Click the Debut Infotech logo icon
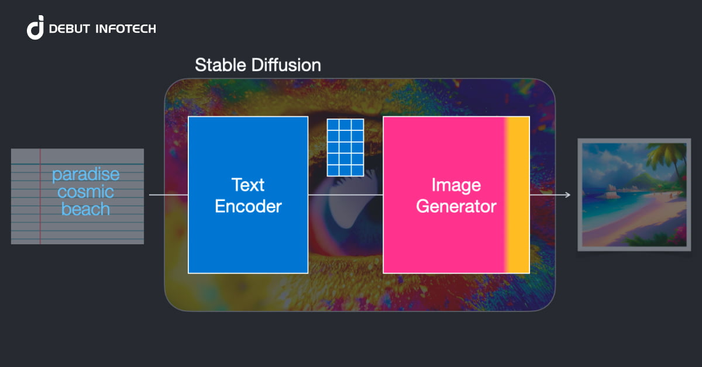(x=36, y=28)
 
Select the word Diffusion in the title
(x=286, y=65)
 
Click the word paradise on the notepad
(x=85, y=174)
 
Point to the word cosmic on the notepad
(x=85, y=192)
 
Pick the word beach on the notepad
(x=85, y=209)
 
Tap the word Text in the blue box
(x=248, y=185)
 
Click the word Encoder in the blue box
(x=248, y=206)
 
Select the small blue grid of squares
(x=345, y=147)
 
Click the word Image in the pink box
(x=456, y=185)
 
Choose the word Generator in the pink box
(x=456, y=206)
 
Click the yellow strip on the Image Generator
(x=518, y=195)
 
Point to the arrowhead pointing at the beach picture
(x=567, y=195)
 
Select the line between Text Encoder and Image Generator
(x=345, y=195)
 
